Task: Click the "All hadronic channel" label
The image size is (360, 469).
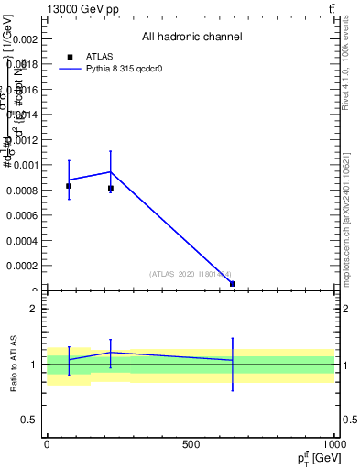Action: click(191, 37)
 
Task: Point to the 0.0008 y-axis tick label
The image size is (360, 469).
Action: click(23, 191)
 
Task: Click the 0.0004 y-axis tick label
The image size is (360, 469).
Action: click(23, 241)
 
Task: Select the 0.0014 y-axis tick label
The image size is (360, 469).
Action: click(23, 115)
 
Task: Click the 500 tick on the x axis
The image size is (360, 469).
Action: click(191, 444)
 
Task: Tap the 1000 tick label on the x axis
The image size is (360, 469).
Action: click(334, 444)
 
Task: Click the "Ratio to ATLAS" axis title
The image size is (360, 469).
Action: click(13, 365)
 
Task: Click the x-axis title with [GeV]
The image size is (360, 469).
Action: click(313, 456)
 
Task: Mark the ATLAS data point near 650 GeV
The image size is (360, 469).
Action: click(233, 284)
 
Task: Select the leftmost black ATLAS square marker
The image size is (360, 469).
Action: click(69, 186)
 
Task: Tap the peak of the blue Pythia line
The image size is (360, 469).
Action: click(111, 171)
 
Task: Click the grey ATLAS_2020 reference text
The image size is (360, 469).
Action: click(191, 274)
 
